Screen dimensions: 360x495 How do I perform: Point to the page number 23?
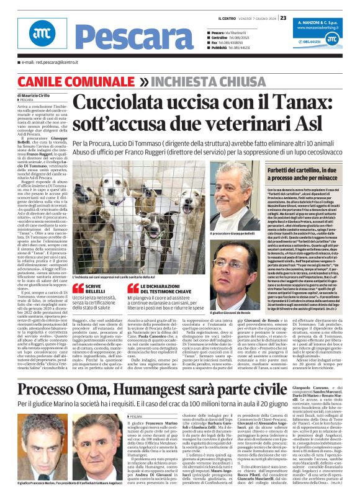tap(282, 17)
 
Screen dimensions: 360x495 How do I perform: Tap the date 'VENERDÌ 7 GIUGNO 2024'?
tap(253, 17)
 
